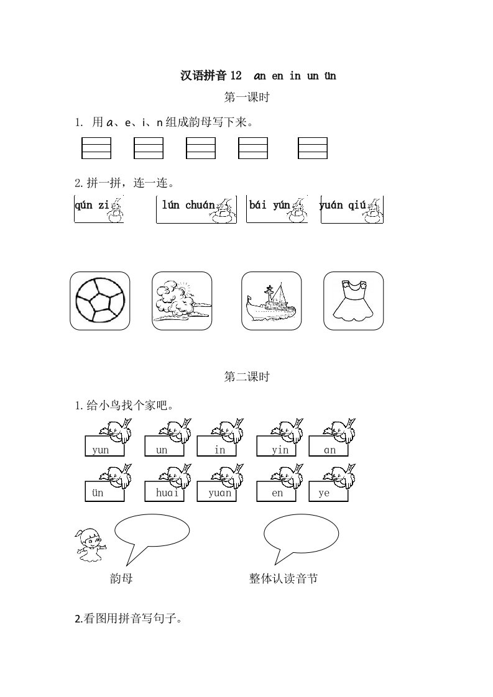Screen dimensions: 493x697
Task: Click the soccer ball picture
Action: click(x=100, y=301)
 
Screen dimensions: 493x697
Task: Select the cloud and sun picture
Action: click(x=182, y=301)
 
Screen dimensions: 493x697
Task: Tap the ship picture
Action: click(x=272, y=301)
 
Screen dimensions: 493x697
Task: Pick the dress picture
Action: click(x=353, y=301)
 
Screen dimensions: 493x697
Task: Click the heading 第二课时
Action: click(x=247, y=377)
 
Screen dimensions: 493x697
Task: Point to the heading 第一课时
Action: click(x=247, y=97)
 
